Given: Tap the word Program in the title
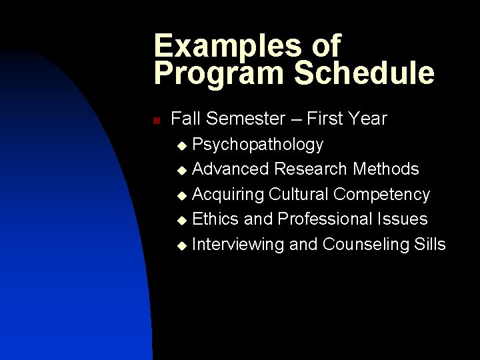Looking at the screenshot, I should click(211, 73).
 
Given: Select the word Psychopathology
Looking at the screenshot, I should click(258, 144).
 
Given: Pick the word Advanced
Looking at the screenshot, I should click(231, 169).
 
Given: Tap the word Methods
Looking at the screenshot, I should click(386, 169).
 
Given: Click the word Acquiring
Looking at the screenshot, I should click(228, 194).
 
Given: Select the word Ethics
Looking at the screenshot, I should click(215, 219).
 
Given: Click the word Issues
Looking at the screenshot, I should click(403, 219).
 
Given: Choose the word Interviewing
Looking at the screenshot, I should click(238, 244).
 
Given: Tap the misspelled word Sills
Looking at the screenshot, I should click(429, 244).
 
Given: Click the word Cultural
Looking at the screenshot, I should click(299, 194).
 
